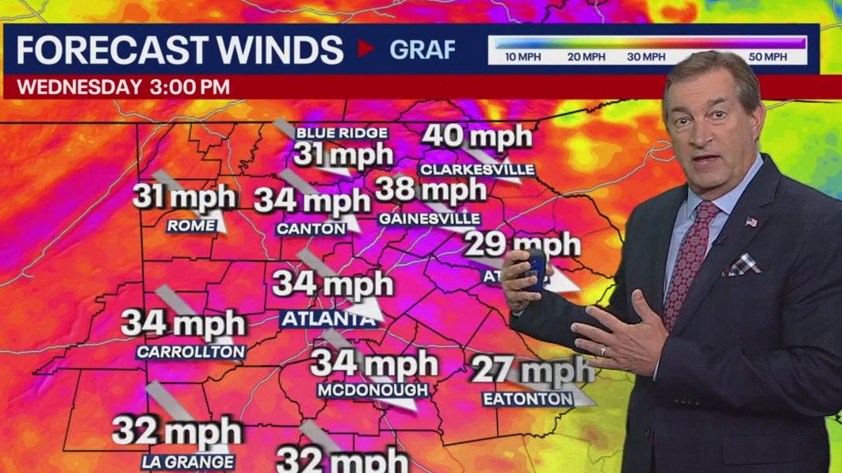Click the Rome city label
(x=191, y=226)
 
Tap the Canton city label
(x=311, y=229)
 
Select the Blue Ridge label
(x=342, y=133)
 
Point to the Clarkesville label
(x=476, y=170)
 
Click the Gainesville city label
(x=430, y=218)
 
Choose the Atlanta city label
(x=327, y=320)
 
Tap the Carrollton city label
(x=191, y=352)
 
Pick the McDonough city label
(x=373, y=391)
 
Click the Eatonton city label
(x=528, y=399)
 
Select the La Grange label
(x=188, y=462)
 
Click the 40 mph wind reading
(x=476, y=136)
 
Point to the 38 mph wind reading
(x=430, y=189)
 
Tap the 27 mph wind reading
(x=532, y=370)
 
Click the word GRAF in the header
(x=423, y=50)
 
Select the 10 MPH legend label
(x=522, y=57)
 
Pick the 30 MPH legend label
(x=646, y=57)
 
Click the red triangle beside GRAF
(x=366, y=49)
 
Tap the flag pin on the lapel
(x=751, y=221)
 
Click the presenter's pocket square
(x=742, y=265)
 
